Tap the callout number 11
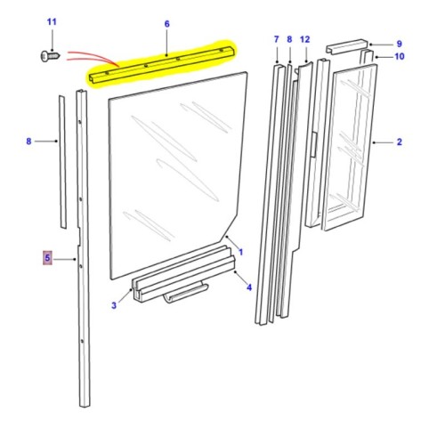coord(51,20)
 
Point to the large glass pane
coord(169,178)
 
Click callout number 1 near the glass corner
coord(239,253)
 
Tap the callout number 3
coord(113,307)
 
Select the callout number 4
coord(248,287)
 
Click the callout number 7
coord(276,39)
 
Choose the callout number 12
coord(304,39)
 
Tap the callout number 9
coord(399,43)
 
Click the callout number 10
coord(399,57)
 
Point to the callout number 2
coord(399,142)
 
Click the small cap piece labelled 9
coord(345,44)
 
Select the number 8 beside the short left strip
coord(28,141)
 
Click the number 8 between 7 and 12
coord(289,39)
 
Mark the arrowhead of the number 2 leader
coord(372,142)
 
